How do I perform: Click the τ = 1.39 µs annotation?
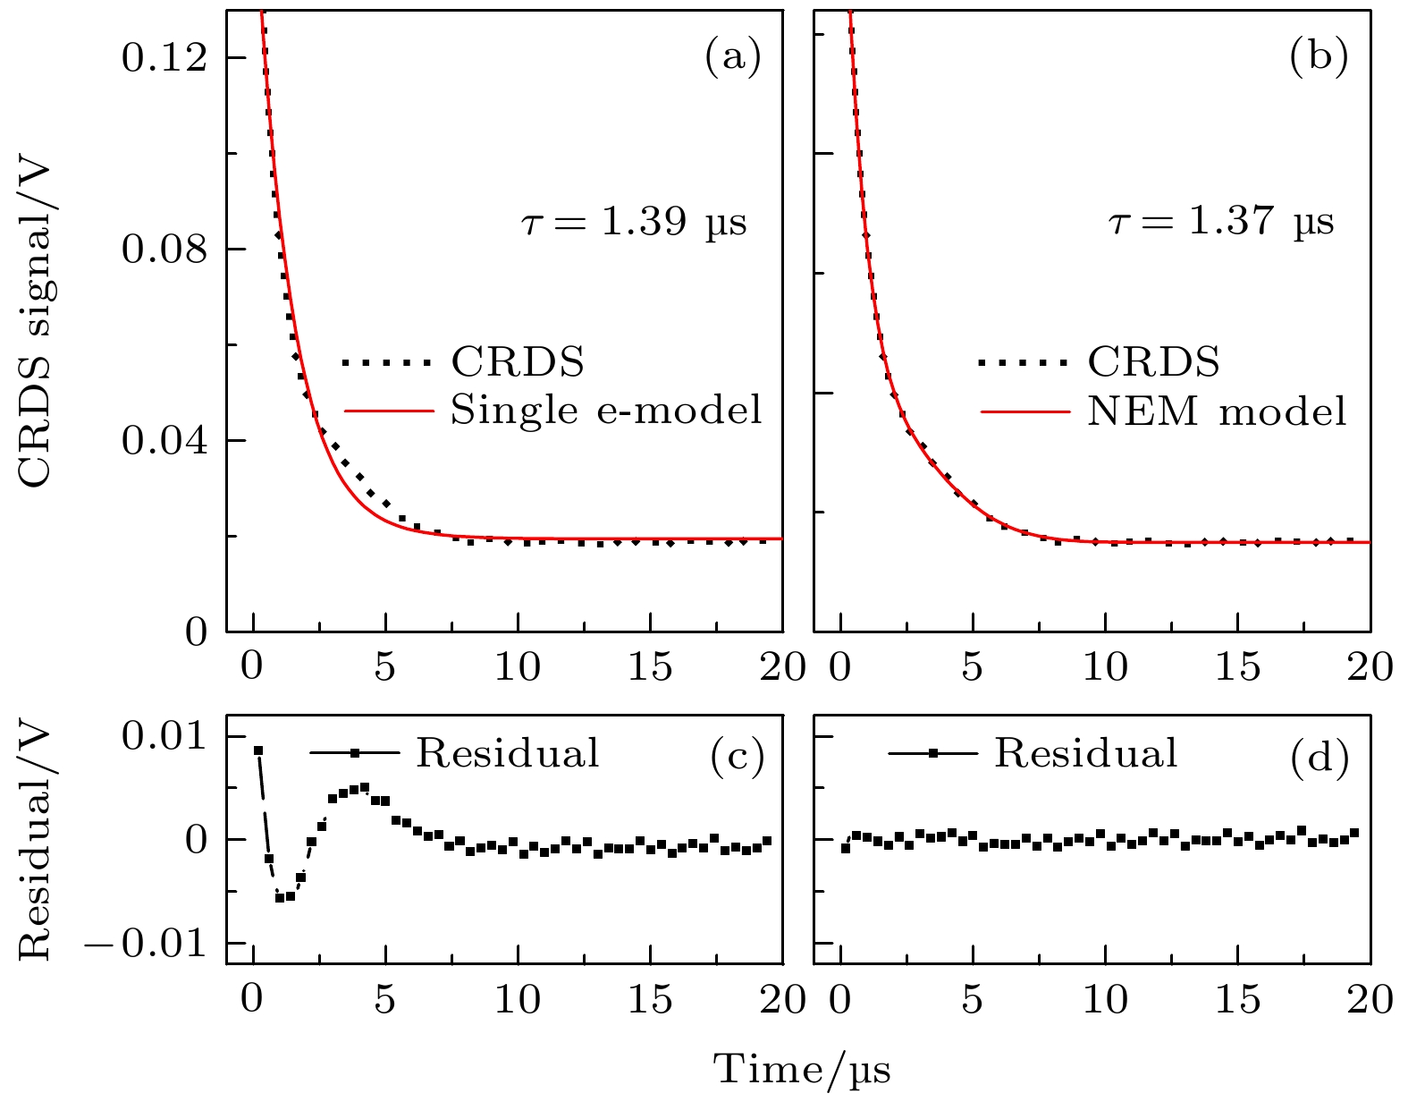(x=633, y=222)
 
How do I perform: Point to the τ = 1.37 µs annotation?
(x=1220, y=222)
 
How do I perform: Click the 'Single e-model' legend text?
(x=606, y=411)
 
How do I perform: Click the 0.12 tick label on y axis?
(x=164, y=58)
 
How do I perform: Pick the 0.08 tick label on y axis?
(x=164, y=250)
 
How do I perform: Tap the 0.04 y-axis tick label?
(x=164, y=441)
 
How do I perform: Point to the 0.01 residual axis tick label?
(x=164, y=737)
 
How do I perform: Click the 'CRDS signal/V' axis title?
(x=36, y=325)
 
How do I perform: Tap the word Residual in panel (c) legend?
(x=508, y=753)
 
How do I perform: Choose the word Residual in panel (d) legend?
(x=1086, y=753)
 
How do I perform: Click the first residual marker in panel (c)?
(x=257, y=751)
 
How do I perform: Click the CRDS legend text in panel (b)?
(x=1153, y=362)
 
